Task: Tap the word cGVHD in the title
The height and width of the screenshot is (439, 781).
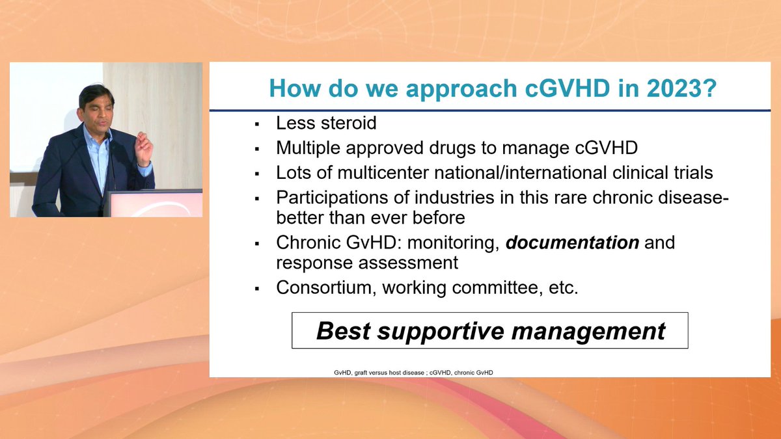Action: pos(568,88)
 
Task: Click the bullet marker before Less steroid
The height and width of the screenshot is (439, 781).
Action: pos(257,124)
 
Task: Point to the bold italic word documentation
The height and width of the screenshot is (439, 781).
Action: pos(572,243)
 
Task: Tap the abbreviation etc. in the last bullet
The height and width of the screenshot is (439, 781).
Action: pos(563,288)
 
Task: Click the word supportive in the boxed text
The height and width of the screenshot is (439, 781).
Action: pos(441,331)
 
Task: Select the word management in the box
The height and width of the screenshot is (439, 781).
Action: pos(588,331)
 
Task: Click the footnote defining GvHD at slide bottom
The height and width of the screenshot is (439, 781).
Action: pos(413,373)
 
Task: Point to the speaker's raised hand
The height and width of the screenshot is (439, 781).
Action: pos(144,149)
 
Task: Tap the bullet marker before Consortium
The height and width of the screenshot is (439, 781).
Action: pos(257,289)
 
